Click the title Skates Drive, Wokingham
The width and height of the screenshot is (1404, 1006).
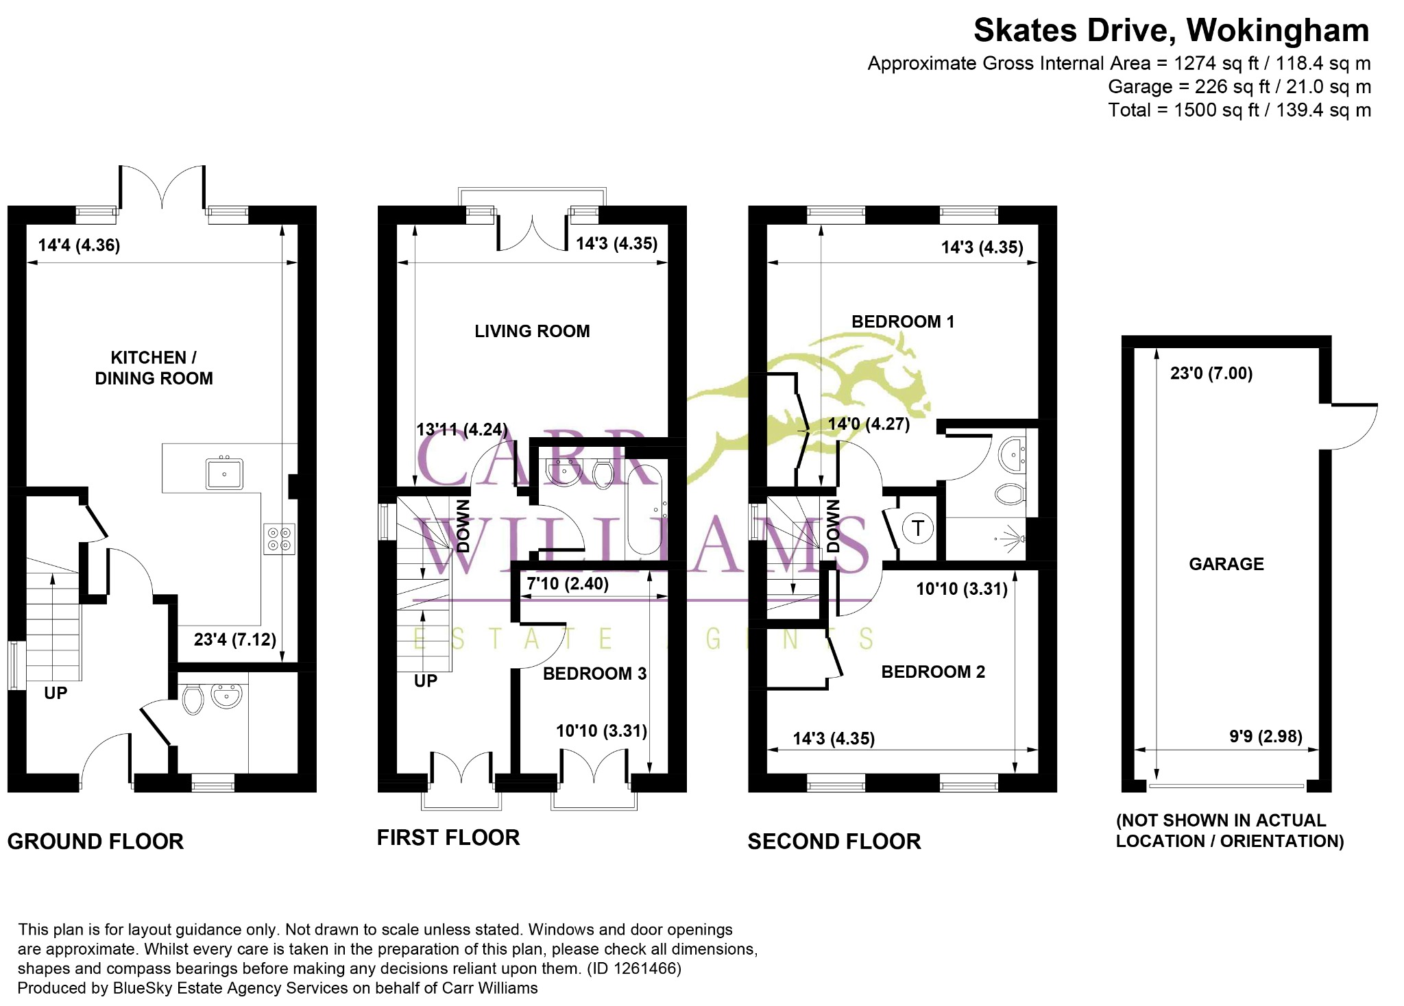tap(1171, 31)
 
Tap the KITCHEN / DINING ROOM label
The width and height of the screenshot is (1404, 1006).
tap(154, 368)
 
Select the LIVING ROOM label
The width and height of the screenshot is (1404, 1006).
tap(532, 332)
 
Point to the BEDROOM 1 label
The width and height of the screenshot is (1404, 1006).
tap(902, 322)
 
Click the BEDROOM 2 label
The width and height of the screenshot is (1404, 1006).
tap(933, 672)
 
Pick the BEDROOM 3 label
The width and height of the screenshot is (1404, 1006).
tap(594, 674)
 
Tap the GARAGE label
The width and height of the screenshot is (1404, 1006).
tap(1226, 564)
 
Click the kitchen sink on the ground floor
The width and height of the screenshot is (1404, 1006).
tap(224, 473)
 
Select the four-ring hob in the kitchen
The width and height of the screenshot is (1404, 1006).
tap(280, 539)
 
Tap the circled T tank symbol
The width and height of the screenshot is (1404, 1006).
tap(918, 528)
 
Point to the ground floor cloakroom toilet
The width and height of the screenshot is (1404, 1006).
tap(193, 699)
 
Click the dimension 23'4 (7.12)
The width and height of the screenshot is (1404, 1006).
tap(235, 640)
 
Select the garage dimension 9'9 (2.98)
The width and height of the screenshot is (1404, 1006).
tap(1266, 737)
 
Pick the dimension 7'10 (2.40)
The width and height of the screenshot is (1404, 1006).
tap(568, 584)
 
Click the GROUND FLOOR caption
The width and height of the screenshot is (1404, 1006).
tap(95, 842)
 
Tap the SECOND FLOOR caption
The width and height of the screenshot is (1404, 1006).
tap(834, 842)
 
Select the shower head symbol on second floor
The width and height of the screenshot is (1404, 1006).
tap(1013, 537)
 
